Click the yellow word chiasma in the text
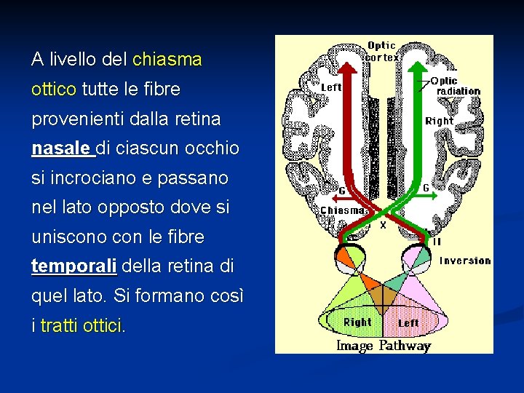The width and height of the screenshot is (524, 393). point(167,60)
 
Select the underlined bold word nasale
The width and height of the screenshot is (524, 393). point(63,148)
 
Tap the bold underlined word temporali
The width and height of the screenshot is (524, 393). point(74,267)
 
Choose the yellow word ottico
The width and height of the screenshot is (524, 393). point(54,90)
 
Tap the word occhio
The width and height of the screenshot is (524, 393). point(212,148)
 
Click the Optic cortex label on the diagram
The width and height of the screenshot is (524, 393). point(381,51)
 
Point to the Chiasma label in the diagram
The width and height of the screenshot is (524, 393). point(343,210)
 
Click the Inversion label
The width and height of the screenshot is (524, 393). point(465,261)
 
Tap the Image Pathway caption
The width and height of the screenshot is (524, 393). point(384,346)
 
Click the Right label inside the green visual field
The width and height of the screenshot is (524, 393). point(357,322)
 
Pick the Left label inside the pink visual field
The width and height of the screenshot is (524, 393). point(408,322)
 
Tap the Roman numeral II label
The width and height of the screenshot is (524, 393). point(437,241)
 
